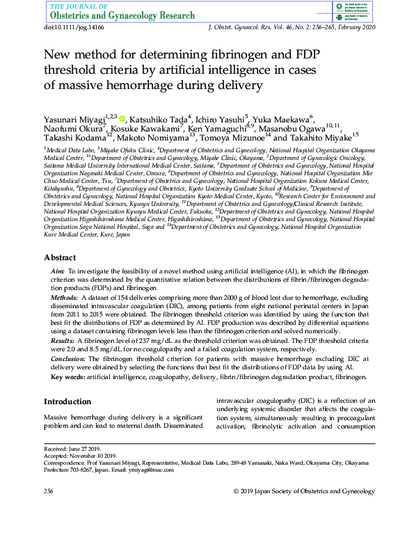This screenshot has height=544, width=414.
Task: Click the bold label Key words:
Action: pyautogui.click(x=68, y=377)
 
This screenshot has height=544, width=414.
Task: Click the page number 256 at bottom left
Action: pyautogui.click(x=49, y=492)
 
